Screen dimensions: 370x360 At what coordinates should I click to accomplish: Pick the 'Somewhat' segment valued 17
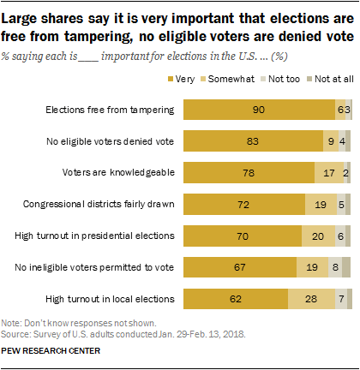329,172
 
